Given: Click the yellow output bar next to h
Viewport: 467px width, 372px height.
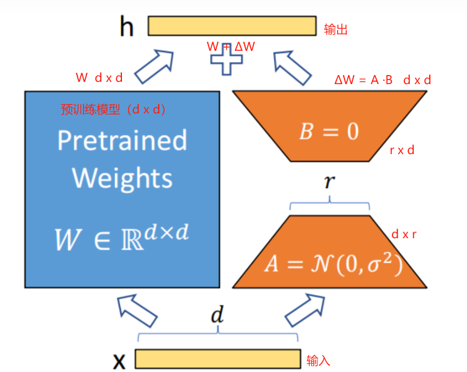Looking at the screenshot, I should click(x=232, y=26).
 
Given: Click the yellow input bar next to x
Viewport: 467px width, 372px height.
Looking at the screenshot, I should click(x=217, y=359).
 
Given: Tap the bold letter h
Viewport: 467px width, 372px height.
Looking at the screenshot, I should click(x=126, y=27).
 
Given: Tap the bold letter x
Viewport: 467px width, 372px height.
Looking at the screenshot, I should click(x=119, y=360).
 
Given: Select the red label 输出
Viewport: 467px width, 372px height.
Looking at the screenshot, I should click(x=335, y=29).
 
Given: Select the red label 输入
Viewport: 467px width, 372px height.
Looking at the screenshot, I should click(x=318, y=360).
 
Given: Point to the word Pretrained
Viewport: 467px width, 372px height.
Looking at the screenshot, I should click(x=122, y=141).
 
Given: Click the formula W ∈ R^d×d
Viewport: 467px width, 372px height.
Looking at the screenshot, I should click(x=122, y=237).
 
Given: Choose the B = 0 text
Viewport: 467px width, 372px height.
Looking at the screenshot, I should click(x=329, y=132).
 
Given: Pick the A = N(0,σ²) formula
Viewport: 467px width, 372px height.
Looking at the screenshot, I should click(x=333, y=264).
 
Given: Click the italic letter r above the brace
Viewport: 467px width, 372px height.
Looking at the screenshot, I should click(x=329, y=182).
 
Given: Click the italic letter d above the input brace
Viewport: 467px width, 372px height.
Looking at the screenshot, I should click(x=217, y=315).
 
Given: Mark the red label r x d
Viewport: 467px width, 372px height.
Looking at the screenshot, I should click(x=402, y=150).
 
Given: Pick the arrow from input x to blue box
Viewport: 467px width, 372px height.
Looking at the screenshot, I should click(x=136, y=310).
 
